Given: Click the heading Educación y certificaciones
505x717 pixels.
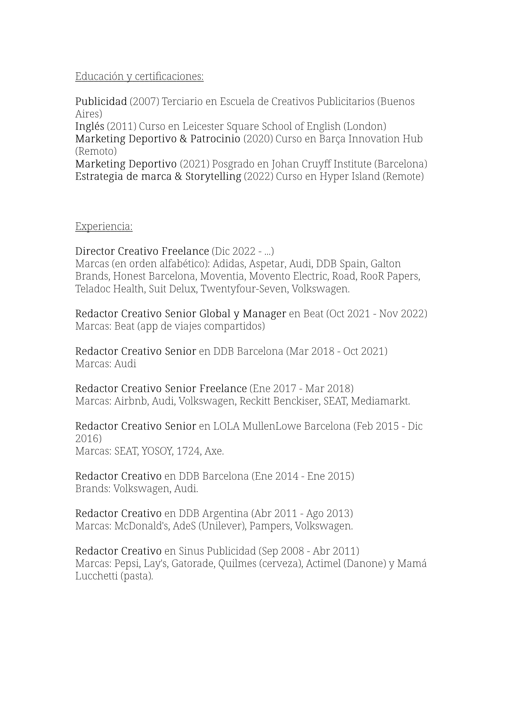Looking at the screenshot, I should coord(139,77).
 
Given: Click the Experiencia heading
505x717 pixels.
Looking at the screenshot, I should coord(104,226).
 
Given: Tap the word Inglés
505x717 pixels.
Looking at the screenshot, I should coord(90,126).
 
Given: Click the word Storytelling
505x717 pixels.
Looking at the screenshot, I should coord(213,176).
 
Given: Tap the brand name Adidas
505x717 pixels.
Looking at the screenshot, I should coord(229,264).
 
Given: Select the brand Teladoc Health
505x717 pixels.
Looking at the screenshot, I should coord(109,289).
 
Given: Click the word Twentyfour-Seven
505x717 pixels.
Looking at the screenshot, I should coord(244,289).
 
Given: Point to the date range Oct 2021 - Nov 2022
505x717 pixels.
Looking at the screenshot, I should coord(376,313).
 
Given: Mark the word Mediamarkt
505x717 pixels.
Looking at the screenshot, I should coord(380,401).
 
